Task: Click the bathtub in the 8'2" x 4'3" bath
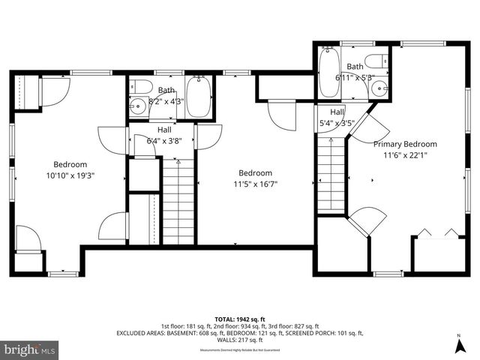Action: click(198, 96)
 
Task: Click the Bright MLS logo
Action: click(29, 349)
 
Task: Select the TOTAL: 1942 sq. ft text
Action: click(239, 318)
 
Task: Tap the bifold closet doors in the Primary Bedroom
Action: click(437, 230)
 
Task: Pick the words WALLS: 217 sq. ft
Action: click(239, 342)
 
